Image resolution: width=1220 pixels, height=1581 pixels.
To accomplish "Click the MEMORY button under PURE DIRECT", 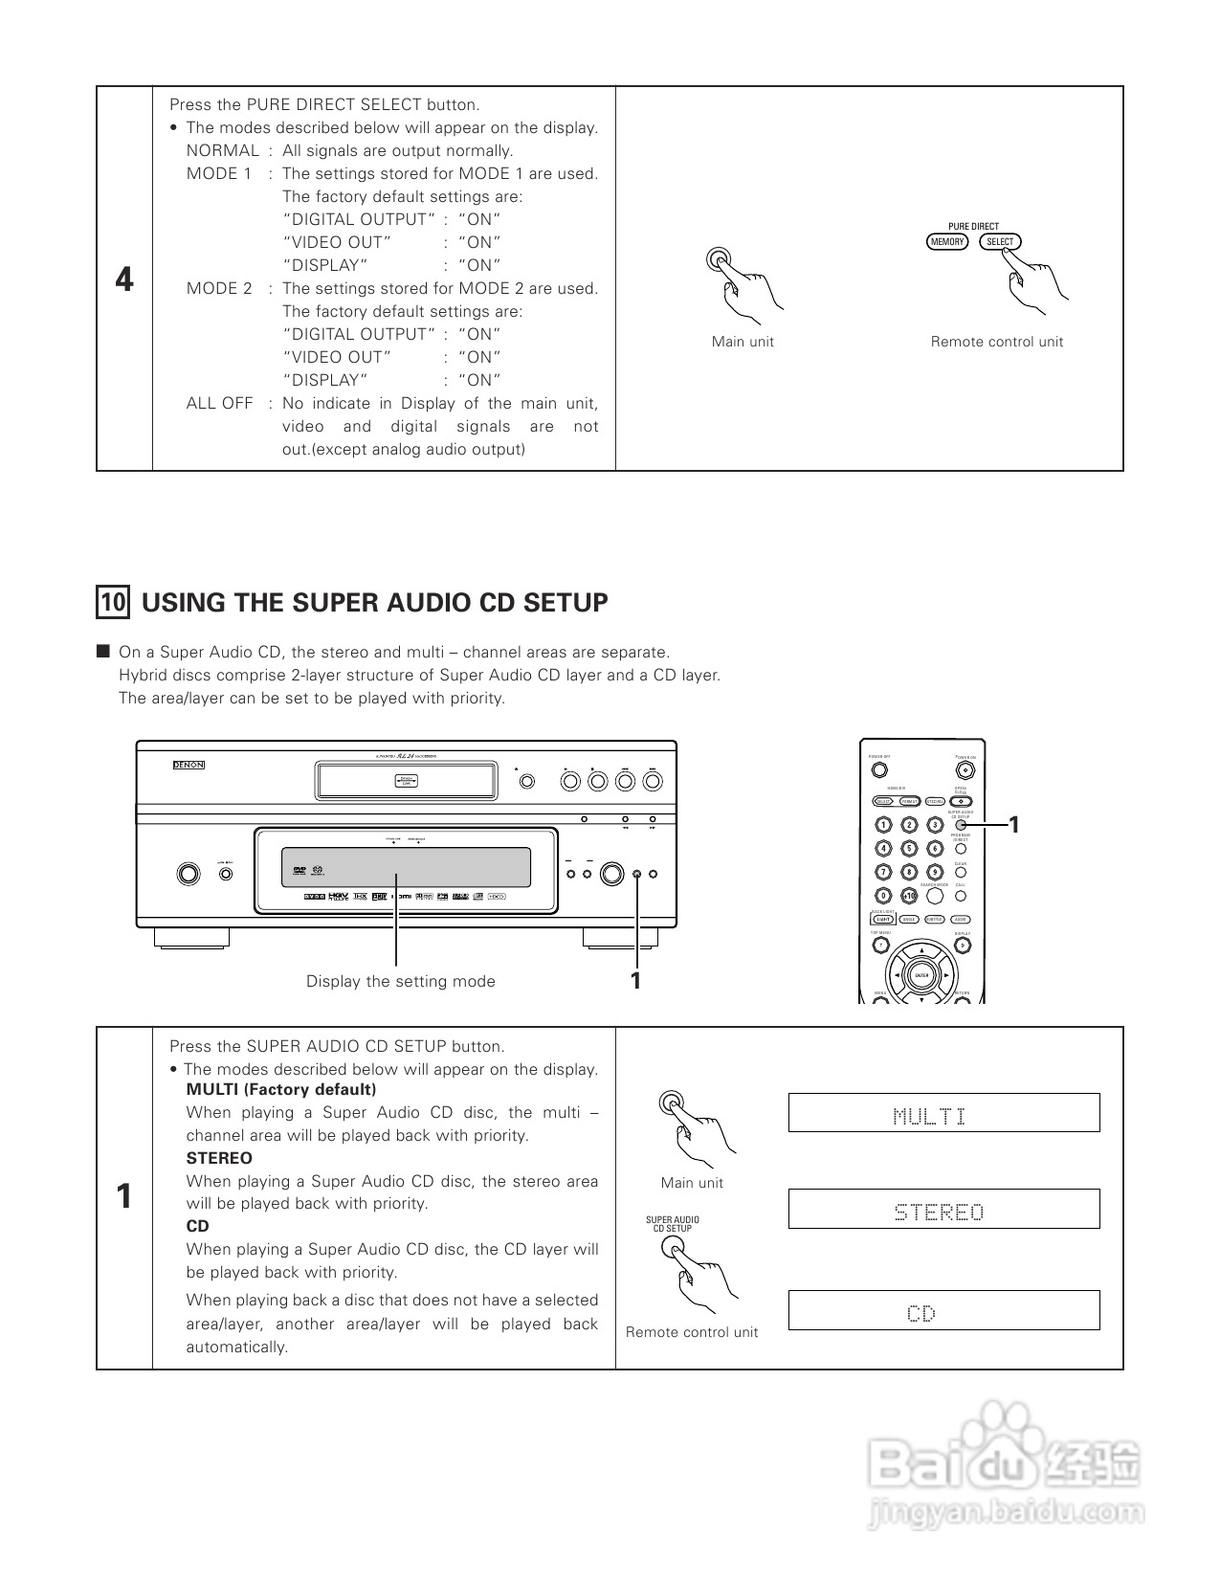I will tap(947, 242).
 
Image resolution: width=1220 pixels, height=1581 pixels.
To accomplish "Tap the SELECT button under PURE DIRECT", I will tap(1000, 242).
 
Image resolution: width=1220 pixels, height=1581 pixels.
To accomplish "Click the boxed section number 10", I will tap(113, 602).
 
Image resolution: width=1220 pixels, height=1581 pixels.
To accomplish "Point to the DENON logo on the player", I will tap(189, 765).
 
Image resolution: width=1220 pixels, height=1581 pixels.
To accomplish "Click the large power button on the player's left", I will tap(189, 873).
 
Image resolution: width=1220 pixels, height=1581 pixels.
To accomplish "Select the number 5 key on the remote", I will tap(910, 848).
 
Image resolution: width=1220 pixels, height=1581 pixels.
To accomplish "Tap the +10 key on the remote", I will tap(910, 896).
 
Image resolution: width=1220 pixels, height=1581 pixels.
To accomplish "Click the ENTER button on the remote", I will tap(921, 975).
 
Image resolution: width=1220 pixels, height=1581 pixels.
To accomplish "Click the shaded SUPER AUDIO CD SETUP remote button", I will tap(962, 825).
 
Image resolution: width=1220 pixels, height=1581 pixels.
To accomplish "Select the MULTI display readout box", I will tap(943, 1113).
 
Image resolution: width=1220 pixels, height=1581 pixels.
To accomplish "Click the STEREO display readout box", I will tap(943, 1210).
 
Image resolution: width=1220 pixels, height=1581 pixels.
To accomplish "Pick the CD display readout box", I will tap(943, 1310).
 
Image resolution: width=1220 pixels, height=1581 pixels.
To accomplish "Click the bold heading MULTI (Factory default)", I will tap(281, 1089).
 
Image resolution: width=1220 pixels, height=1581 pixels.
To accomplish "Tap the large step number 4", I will tap(124, 279).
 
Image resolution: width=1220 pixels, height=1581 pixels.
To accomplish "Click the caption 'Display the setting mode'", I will tap(400, 981).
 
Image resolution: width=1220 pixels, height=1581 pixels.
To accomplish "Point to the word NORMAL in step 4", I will tap(222, 150).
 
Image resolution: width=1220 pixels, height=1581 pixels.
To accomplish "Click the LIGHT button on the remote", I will tap(884, 920).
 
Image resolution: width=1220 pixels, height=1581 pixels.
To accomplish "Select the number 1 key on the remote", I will tap(884, 825).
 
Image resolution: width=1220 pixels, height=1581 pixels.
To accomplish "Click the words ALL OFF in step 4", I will tap(219, 403).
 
